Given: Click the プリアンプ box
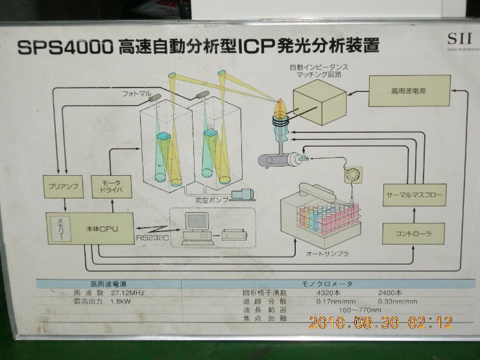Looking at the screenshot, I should [x=63, y=186].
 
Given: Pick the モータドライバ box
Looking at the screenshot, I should [x=112, y=187].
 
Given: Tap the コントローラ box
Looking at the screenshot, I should [x=413, y=232].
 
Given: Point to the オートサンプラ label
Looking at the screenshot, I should [x=326, y=254].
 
